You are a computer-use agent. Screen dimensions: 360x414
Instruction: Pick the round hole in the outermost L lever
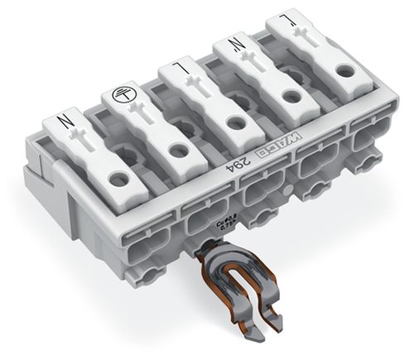point(340,73)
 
